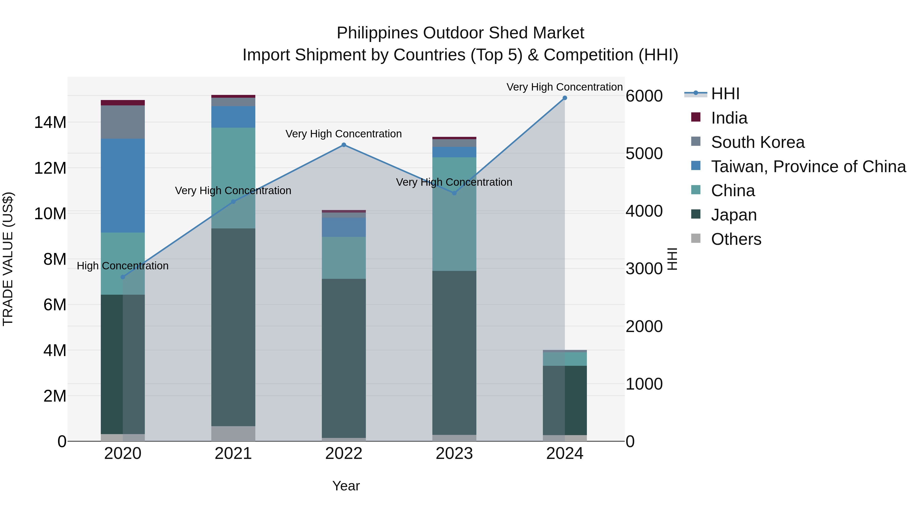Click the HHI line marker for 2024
pyautogui.click(x=565, y=98)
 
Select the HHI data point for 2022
pyautogui.click(x=344, y=145)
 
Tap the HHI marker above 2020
pyautogui.click(x=123, y=277)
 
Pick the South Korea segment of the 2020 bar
pyautogui.click(x=123, y=122)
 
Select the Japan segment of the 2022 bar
pyautogui.click(x=344, y=358)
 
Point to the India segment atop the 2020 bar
pyautogui.click(x=123, y=103)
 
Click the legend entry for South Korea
pyautogui.click(x=758, y=142)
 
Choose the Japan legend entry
pyautogui.click(x=734, y=215)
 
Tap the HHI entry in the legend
pyautogui.click(x=725, y=94)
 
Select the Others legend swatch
pyautogui.click(x=696, y=238)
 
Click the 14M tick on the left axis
pyautogui.click(x=50, y=123)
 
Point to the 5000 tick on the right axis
pyautogui.click(x=644, y=154)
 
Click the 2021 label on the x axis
pyautogui.click(x=233, y=454)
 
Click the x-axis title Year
pyautogui.click(x=346, y=486)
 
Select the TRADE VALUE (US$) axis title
pyautogui.click(x=8, y=258)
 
